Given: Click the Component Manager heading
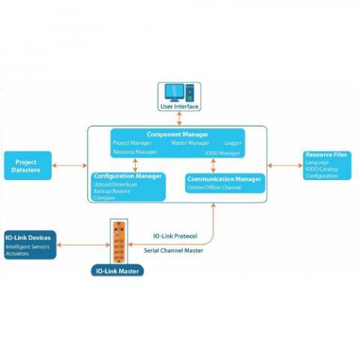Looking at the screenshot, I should pos(178,134).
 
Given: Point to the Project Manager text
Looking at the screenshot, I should pos(132,143).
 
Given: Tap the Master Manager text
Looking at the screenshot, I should pos(190,143).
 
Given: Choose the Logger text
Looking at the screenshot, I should pos(232,143).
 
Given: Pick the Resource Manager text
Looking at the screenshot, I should pos(135,152).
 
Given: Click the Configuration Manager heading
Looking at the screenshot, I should pos(128,176).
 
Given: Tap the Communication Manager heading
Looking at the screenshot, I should pos(224,179).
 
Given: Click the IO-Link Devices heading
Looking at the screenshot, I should pos(28,238).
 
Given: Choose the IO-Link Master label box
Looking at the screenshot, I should pos(118,270).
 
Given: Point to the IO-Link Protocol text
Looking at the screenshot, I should pos(175,236).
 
